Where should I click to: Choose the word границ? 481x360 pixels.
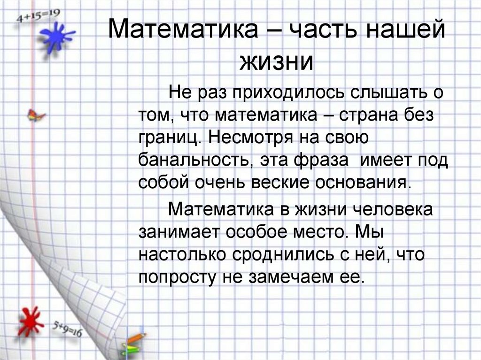(x=169, y=138)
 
